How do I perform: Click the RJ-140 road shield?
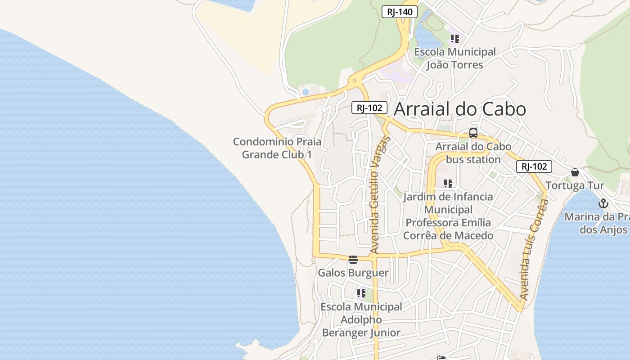(x=400, y=12)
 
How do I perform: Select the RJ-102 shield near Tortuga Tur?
(x=534, y=166)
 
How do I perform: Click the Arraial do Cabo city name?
(x=460, y=109)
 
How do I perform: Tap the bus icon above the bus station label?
(x=473, y=133)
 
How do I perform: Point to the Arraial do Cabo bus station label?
(x=473, y=153)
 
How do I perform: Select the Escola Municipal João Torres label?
(x=455, y=58)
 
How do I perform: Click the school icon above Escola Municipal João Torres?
(x=455, y=39)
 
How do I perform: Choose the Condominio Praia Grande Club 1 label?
(x=277, y=148)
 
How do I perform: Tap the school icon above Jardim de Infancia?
(x=448, y=183)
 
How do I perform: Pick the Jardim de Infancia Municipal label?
(x=448, y=216)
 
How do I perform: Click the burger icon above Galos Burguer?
(x=353, y=259)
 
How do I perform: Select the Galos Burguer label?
(x=353, y=273)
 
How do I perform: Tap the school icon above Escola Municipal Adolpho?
(x=361, y=294)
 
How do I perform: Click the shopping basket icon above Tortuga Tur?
(x=575, y=172)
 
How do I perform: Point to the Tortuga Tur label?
(x=575, y=185)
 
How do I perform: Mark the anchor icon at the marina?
(x=603, y=203)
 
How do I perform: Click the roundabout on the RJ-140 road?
(x=355, y=81)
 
